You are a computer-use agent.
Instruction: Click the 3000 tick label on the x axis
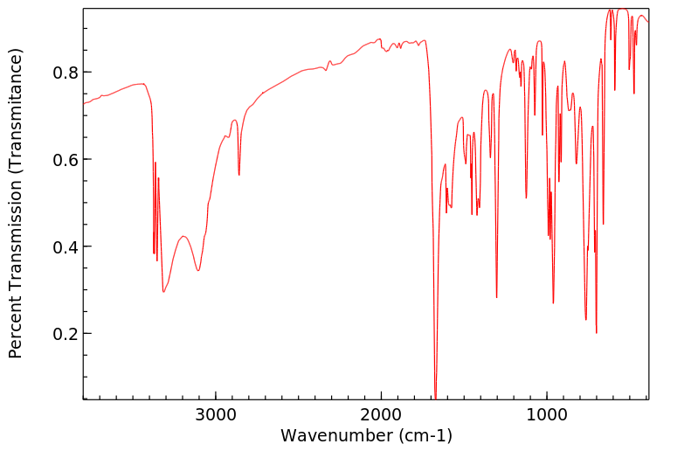(x=216, y=413)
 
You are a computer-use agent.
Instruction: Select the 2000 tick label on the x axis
(x=382, y=413)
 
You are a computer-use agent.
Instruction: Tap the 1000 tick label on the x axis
(x=547, y=413)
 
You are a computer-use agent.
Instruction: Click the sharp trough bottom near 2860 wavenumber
(x=238, y=175)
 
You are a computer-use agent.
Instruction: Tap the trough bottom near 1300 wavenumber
(x=496, y=297)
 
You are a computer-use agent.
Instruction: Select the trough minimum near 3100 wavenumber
(x=198, y=270)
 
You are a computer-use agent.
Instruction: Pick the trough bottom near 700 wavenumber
(x=596, y=332)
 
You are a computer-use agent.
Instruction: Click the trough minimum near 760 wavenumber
(x=585, y=319)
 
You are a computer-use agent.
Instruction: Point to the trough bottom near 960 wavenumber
(x=553, y=302)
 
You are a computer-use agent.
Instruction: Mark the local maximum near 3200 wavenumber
(x=183, y=236)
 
